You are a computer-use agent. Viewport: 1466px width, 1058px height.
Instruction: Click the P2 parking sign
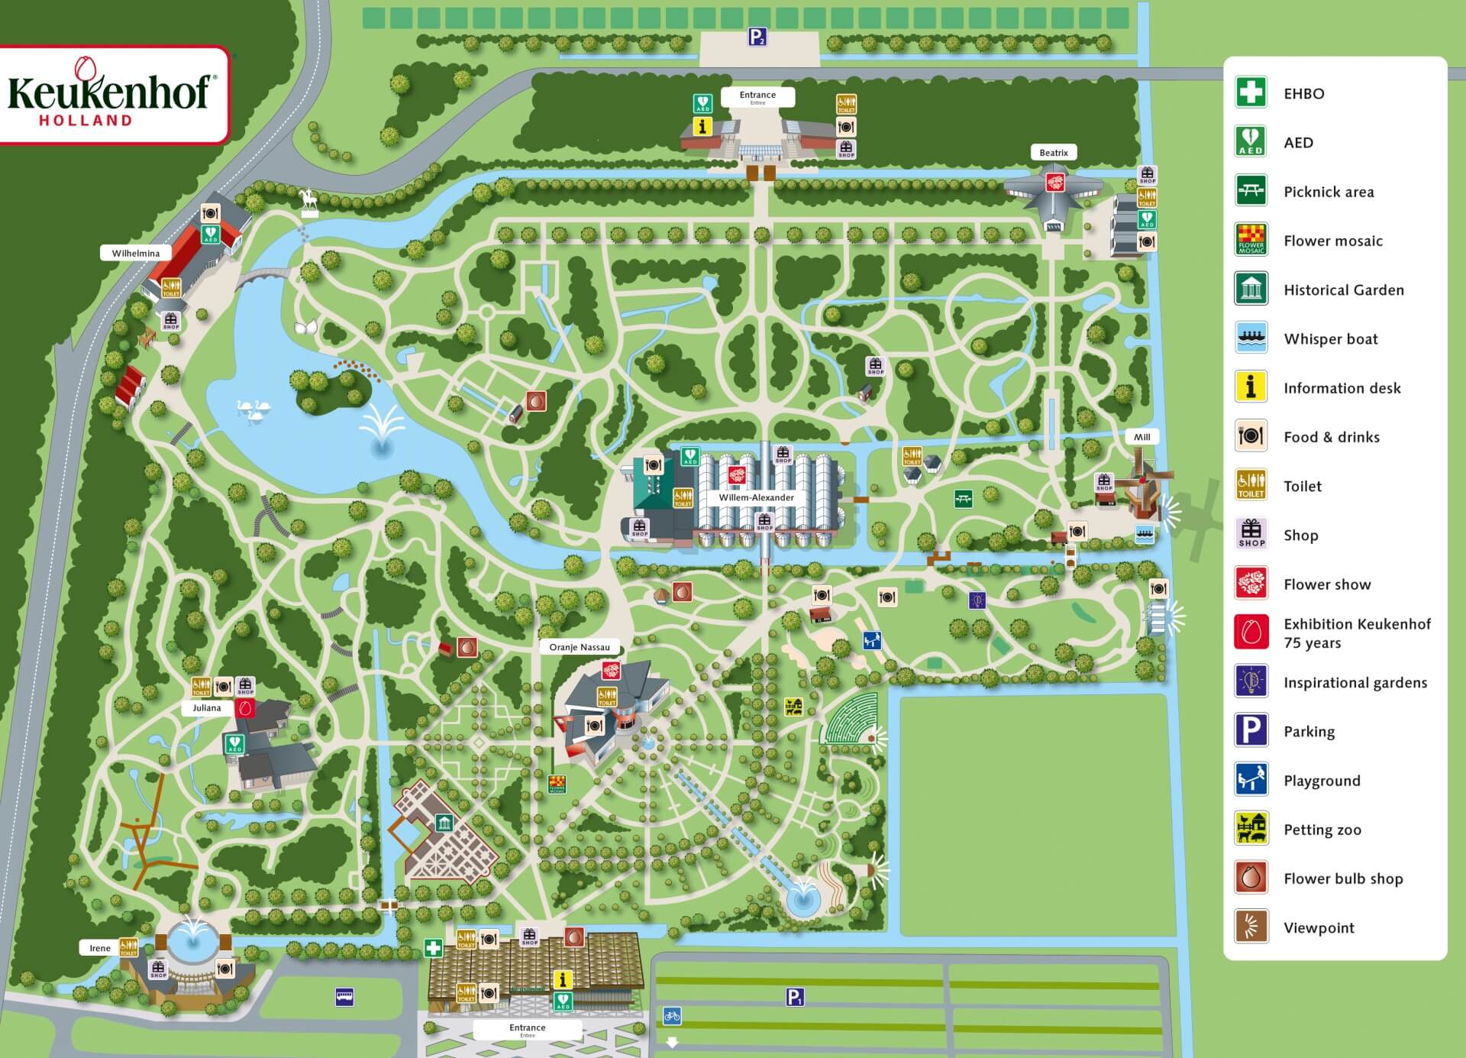pyautogui.click(x=757, y=36)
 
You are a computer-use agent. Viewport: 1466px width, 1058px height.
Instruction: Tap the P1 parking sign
pyautogui.click(x=795, y=996)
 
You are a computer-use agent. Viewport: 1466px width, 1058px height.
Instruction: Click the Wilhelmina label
pyautogui.click(x=136, y=253)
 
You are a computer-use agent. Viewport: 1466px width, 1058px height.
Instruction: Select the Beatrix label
pyautogui.click(x=1054, y=153)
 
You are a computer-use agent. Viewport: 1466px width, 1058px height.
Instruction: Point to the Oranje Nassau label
pyautogui.click(x=580, y=647)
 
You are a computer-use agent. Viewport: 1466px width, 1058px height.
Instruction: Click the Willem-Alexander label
pyautogui.click(x=756, y=497)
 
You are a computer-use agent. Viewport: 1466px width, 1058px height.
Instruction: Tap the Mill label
pyautogui.click(x=1141, y=437)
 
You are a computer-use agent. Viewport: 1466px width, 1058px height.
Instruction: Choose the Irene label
pyautogui.click(x=100, y=948)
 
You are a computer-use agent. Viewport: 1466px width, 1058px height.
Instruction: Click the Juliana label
pyautogui.click(x=206, y=708)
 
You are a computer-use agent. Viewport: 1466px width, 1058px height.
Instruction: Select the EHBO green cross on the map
pyautogui.click(x=434, y=948)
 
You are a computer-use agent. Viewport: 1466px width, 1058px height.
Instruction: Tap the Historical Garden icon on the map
pyautogui.click(x=444, y=823)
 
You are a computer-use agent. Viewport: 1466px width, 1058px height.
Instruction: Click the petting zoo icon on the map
pyautogui.click(x=794, y=707)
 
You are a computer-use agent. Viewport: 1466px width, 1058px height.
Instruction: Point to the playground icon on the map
pyautogui.click(x=872, y=640)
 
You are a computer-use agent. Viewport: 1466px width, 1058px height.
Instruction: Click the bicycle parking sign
pyautogui.click(x=672, y=1015)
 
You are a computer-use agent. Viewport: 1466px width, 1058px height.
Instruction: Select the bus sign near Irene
pyautogui.click(x=344, y=996)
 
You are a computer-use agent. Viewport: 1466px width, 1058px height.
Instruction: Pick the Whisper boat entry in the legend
pyautogui.click(x=1330, y=339)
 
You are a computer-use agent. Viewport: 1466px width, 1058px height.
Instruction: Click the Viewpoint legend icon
pyautogui.click(x=1251, y=927)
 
